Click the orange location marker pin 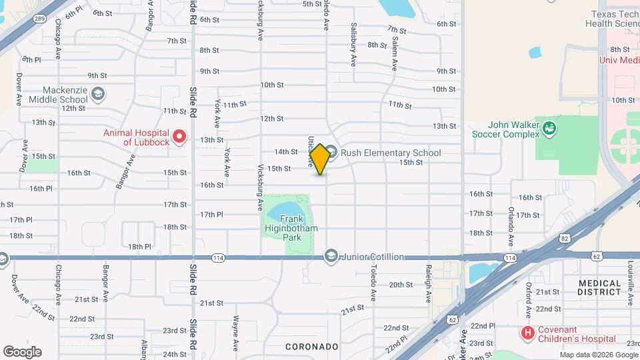point(321,159)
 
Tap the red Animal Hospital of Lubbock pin point(179,137)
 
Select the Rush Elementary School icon point(331,153)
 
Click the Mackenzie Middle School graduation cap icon point(98,94)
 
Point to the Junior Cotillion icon point(331,256)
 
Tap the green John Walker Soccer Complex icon point(549,127)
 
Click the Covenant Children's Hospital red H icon point(528,332)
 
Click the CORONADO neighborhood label point(313,347)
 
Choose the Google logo point(22,351)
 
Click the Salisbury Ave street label point(353,45)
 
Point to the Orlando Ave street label point(511,227)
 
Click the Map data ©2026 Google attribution point(599,355)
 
